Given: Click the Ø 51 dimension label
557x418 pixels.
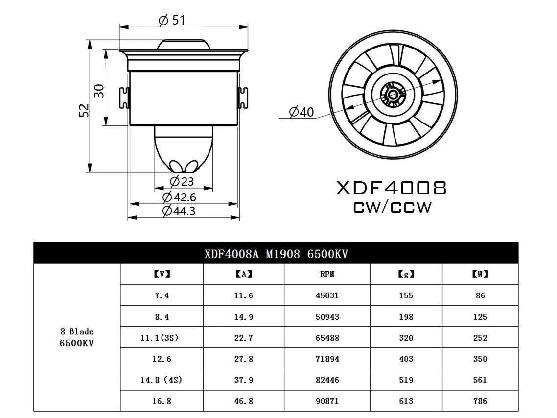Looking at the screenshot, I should point(172,20).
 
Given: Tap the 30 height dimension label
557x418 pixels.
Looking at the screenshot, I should point(99,90).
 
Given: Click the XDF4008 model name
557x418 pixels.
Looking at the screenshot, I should point(391,188).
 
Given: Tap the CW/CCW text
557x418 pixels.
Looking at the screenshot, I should point(393,207).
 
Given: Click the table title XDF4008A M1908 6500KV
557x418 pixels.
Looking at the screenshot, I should point(276,254).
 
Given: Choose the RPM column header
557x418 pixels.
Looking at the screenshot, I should point(327,274).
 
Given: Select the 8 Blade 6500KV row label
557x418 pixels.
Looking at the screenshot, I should point(76,337).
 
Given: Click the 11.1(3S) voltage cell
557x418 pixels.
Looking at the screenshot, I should point(162,338).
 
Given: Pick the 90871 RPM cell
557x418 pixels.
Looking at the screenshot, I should point(327,401).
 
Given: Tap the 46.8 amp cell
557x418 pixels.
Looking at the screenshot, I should point(243,401).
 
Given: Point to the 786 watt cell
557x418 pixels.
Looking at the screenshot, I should point(480,401).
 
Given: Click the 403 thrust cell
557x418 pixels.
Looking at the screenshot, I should point(406,359).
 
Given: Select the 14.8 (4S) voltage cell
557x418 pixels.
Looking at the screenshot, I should point(162,380).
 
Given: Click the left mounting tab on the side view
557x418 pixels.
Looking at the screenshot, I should point(124,98).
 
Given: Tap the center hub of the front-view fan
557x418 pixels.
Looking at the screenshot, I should point(393,93).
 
